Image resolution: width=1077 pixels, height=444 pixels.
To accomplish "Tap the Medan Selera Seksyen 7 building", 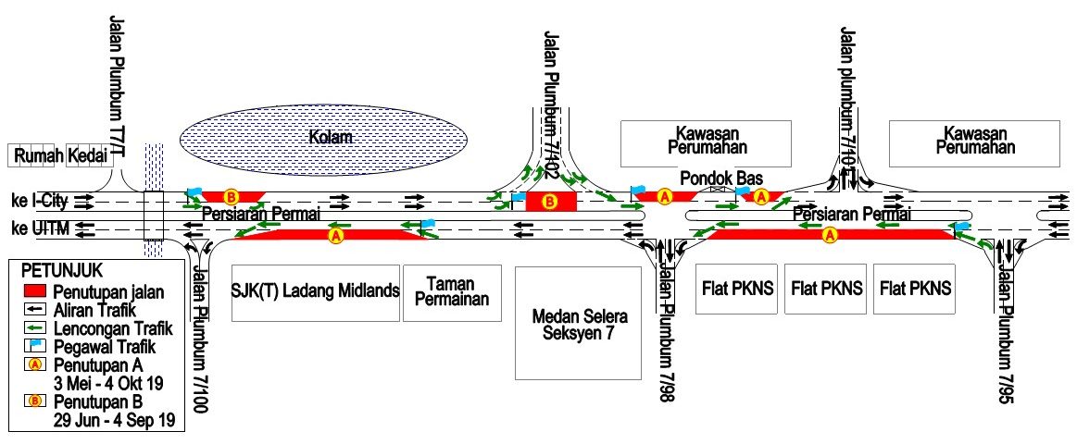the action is coord(578,323).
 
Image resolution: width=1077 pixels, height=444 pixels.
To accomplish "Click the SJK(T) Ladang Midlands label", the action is coord(315,291).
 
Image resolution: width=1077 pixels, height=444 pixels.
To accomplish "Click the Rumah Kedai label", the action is coord(60,156).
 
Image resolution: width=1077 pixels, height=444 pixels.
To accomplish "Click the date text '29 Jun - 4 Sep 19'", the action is coord(114,419).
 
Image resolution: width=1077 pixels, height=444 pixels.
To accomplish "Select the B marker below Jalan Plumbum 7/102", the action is coord(549,202).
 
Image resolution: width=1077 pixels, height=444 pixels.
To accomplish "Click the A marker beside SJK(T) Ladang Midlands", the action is coord(336,235).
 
